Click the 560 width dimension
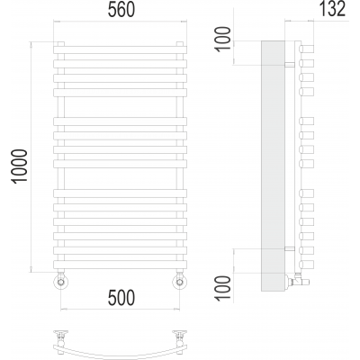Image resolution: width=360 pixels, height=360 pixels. (x=121, y=10)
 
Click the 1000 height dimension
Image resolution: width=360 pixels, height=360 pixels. (x=20, y=166)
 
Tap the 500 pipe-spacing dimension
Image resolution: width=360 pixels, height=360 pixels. (x=121, y=298)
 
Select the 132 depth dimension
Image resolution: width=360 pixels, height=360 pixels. (x=332, y=9)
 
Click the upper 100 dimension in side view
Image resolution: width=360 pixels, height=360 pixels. (x=223, y=40)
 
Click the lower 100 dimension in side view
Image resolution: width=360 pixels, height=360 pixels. (x=223, y=288)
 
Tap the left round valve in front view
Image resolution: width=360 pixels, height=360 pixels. (x=61, y=282)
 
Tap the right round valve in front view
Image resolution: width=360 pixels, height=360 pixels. (x=180, y=282)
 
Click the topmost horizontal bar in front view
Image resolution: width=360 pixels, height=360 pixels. (x=120, y=49)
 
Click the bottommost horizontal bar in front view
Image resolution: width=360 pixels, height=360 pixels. (x=120, y=265)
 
